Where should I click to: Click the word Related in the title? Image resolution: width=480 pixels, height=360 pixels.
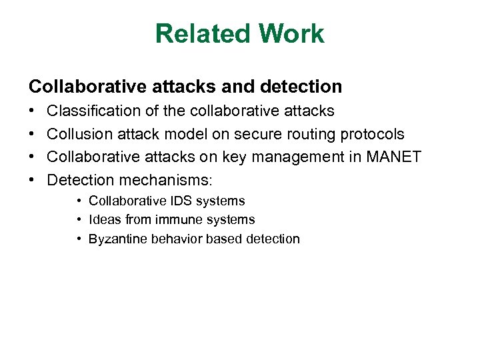(x=200, y=34)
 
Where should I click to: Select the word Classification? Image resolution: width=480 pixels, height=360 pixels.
(x=92, y=111)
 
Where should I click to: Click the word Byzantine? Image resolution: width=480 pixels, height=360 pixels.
(x=116, y=239)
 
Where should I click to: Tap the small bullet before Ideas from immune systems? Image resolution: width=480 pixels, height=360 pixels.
(x=79, y=219)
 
